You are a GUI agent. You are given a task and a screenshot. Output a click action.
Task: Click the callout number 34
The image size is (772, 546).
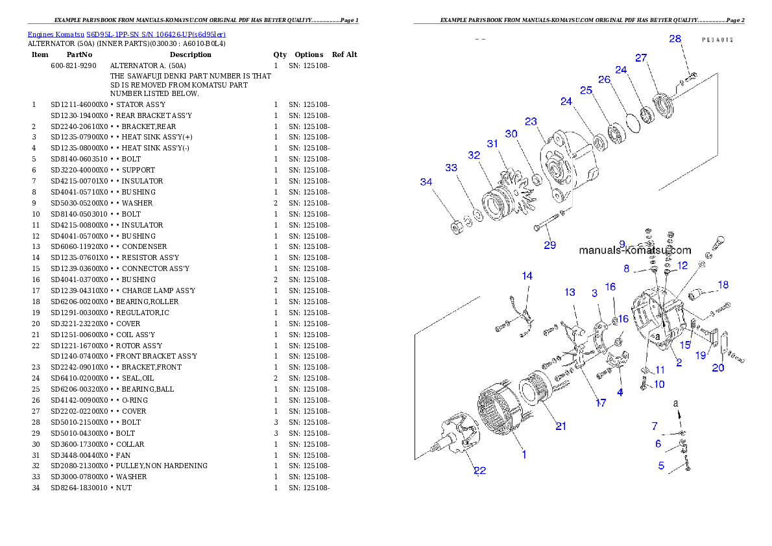pyautogui.click(x=426, y=182)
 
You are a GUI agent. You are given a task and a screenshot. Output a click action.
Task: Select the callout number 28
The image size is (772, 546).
pyautogui.click(x=675, y=39)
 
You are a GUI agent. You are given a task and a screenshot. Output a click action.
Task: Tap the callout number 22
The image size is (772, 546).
pyautogui.click(x=479, y=471)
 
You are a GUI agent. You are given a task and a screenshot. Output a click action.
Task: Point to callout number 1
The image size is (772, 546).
pyautogui.click(x=524, y=455)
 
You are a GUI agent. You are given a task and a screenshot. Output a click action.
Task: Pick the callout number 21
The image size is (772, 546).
pyautogui.click(x=561, y=426)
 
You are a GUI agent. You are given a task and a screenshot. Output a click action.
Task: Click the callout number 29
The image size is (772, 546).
pyautogui.click(x=550, y=245)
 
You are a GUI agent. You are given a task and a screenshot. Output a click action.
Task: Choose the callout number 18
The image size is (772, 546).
pyautogui.click(x=723, y=285)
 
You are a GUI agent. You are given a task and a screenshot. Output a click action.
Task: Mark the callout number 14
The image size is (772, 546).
pyautogui.click(x=527, y=276)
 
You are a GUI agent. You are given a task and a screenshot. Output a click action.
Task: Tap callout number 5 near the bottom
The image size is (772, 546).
pyautogui.click(x=661, y=465)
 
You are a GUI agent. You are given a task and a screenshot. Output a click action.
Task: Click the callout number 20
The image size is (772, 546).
pyautogui.click(x=718, y=368)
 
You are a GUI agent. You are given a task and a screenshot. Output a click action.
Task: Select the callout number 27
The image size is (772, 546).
pyautogui.click(x=641, y=58)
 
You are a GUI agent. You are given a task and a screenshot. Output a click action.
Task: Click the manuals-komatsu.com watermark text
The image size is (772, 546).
pyautogui.click(x=634, y=250)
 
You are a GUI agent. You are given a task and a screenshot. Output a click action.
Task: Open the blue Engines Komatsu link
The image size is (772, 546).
pyautogui.click(x=127, y=34)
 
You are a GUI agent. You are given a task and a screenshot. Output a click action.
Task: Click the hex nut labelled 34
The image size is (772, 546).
pyautogui.click(x=455, y=226)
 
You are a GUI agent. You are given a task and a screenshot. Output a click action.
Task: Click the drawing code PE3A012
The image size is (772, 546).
pyautogui.click(x=718, y=40)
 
